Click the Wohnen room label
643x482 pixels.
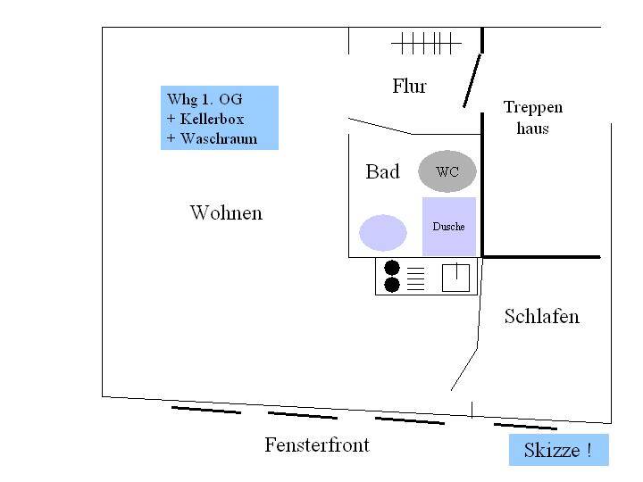point(226,213)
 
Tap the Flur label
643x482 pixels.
point(409,87)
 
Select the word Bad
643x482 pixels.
point(382,171)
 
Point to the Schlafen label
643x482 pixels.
point(541,317)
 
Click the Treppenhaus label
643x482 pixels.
point(532,118)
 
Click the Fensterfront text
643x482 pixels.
point(316,445)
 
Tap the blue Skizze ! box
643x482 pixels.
point(558,450)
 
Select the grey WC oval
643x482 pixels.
point(447,171)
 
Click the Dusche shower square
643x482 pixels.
point(448,227)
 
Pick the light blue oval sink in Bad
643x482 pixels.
point(382,232)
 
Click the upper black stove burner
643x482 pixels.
point(391,268)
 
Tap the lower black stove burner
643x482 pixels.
point(391,285)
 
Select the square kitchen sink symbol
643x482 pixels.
point(456,278)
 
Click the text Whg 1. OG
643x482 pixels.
point(205,99)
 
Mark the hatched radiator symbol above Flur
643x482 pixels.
point(426,42)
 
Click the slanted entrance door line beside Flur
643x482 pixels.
point(472,80)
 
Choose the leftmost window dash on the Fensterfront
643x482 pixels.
point(205,411)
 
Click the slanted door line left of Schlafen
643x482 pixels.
point(463,370)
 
